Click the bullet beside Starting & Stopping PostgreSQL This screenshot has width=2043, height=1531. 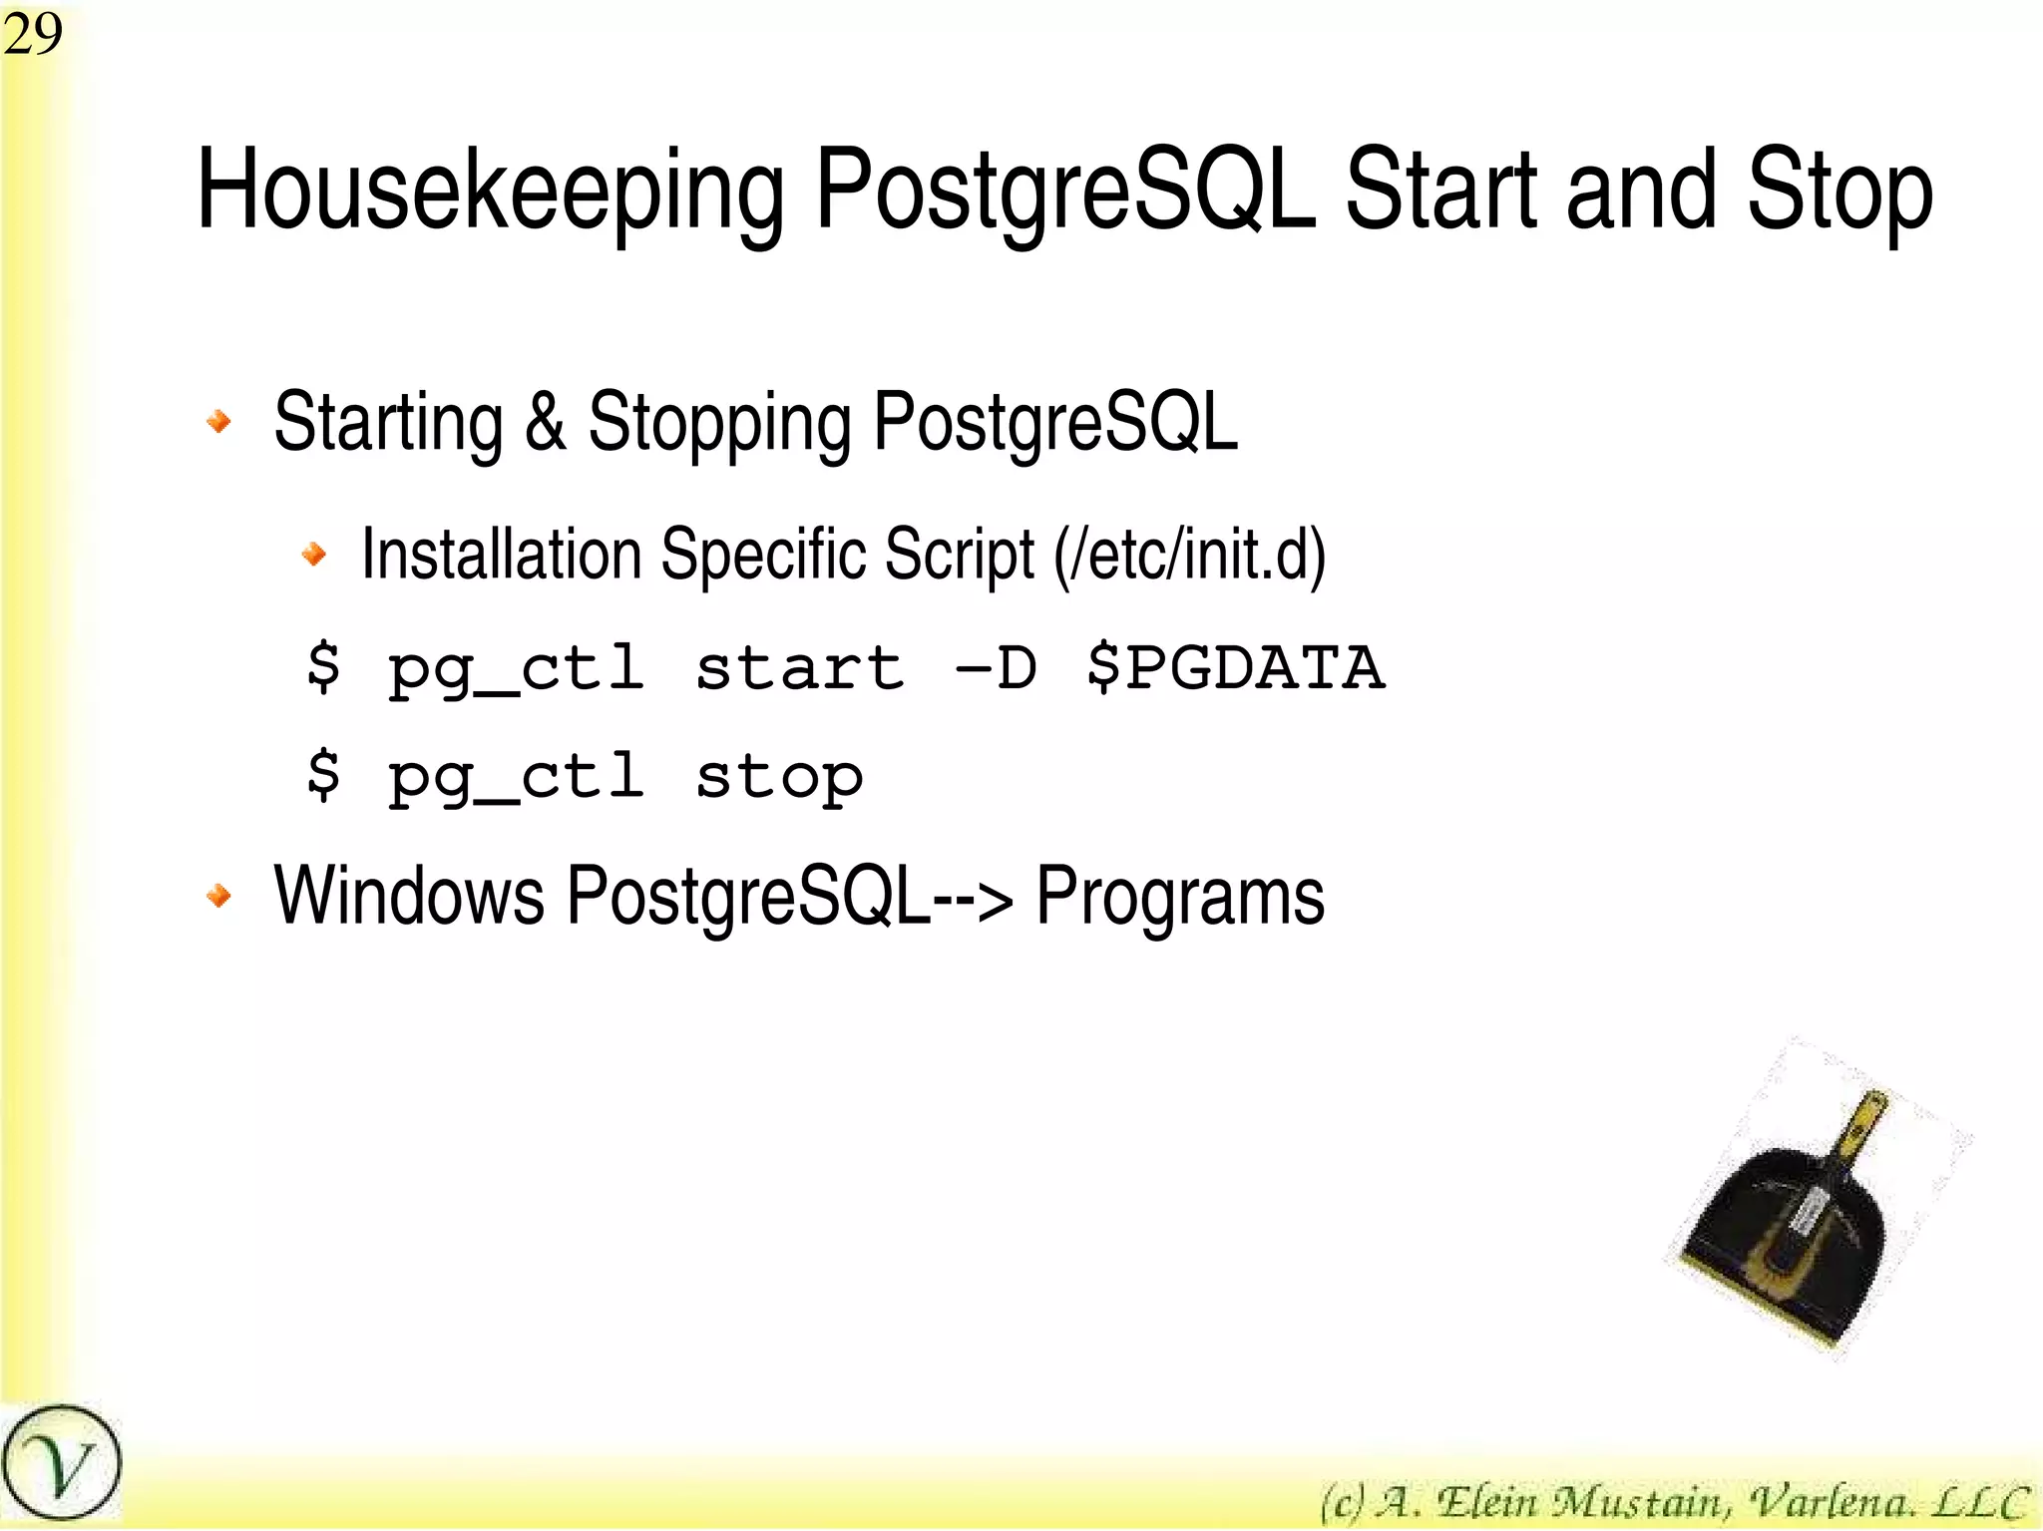(218, 421)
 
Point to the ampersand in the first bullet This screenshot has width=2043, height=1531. (545, 421)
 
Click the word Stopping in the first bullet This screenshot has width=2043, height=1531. (718, 423)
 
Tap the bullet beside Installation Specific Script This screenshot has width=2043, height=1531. (314, 553)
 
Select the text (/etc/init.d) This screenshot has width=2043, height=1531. (1190, 555)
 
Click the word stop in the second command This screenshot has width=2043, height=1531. (779, 777)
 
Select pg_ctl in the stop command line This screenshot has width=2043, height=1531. (515, 777)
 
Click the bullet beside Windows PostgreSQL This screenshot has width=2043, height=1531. (218, 896)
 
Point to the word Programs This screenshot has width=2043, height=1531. (1179, 896)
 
